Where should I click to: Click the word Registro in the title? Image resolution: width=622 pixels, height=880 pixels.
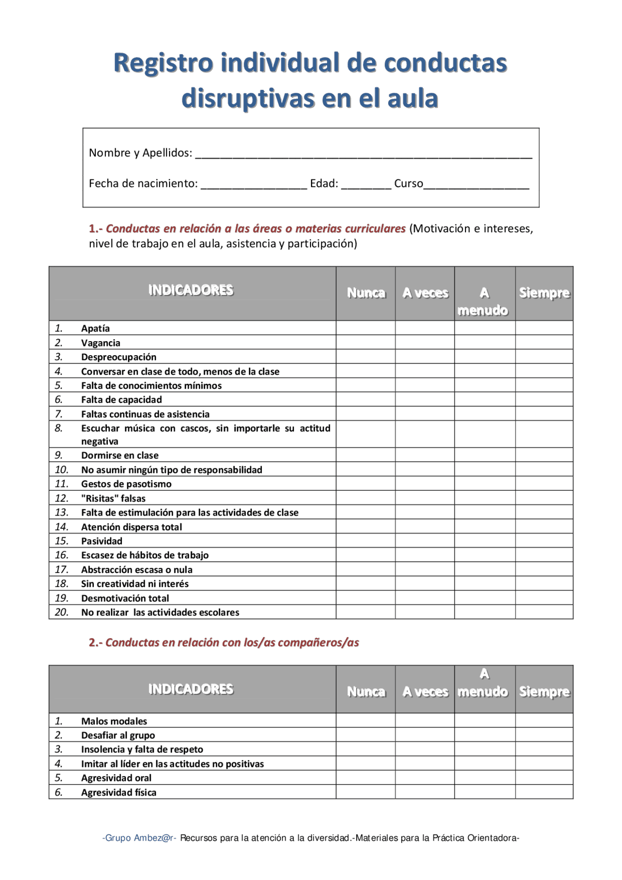(163, 63)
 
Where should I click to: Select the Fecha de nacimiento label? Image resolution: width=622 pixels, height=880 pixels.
(143, 184)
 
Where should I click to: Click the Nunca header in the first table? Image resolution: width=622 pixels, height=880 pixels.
(366, 293)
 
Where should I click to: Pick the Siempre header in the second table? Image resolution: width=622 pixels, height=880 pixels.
(544, 691)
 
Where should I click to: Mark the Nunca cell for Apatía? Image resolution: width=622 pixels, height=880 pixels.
(365, 328)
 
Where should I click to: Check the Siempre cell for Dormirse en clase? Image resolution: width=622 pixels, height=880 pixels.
(544, 455)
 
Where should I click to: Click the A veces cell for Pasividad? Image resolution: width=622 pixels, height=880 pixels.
(425, 541)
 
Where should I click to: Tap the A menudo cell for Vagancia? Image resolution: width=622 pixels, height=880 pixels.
(484, 343)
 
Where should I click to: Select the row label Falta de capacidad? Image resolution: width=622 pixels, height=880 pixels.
(121, 400)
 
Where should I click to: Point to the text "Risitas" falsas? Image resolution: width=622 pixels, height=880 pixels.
(113, 499)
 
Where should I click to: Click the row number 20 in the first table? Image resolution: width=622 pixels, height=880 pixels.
(61, 612)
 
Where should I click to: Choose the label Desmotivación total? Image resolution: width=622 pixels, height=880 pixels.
(125, 598)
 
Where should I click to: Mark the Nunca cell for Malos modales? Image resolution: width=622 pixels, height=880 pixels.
(365, 721)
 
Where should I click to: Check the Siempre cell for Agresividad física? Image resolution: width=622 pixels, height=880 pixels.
(544, 792)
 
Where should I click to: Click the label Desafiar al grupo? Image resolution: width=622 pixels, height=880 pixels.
(118, 735)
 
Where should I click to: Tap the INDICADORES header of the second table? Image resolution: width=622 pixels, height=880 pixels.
(191, 689)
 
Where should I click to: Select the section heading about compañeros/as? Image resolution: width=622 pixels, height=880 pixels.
(224, 642)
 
